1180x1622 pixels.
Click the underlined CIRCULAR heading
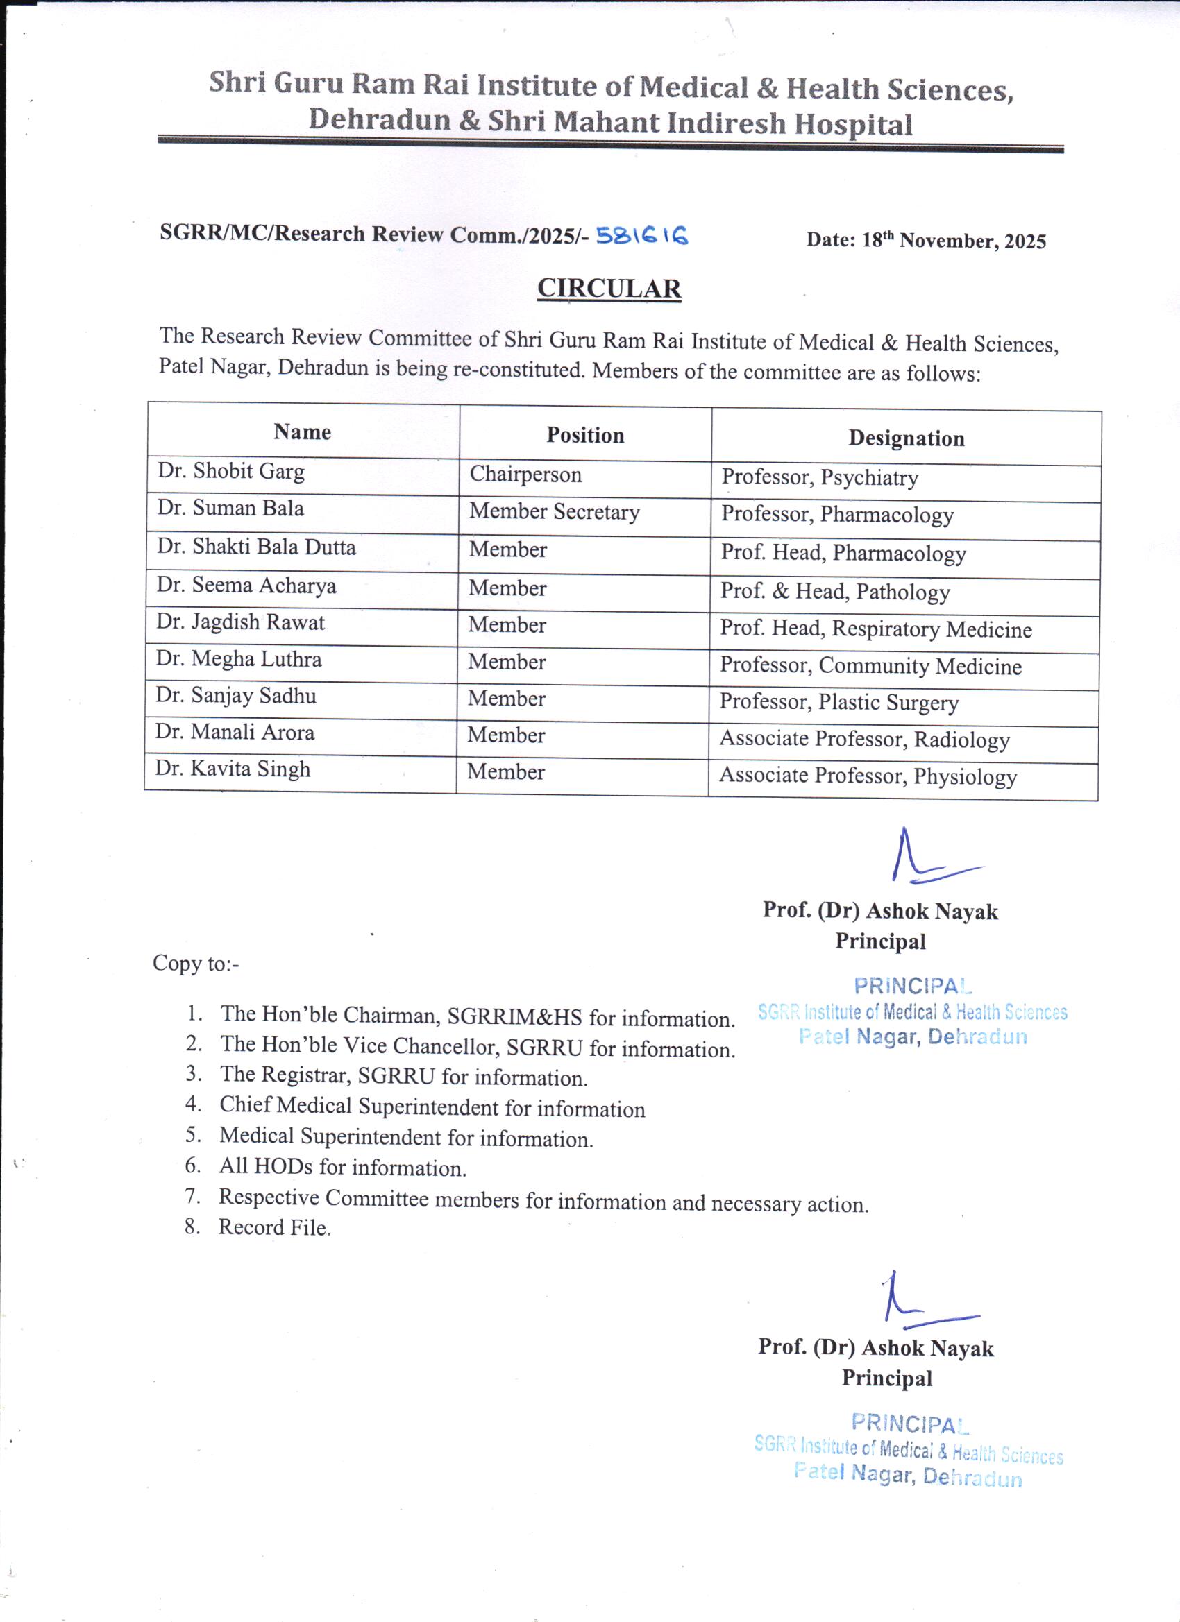coord(609,288)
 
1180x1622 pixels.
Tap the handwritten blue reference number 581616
coord(642,235)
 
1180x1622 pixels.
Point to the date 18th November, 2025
coord(926,240)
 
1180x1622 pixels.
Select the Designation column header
coord(906,438)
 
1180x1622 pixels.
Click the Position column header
coord(585,435)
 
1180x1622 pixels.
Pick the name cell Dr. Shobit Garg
coord(231,471)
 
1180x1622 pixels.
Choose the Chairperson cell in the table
coord(525,475)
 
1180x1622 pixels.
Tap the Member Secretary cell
coord(555,512)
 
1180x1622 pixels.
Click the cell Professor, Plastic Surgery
coord(838,702)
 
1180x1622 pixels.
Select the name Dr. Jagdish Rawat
coord(240,622)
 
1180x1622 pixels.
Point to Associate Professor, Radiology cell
coord(864,740)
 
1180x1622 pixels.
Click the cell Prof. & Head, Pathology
coord(835,592)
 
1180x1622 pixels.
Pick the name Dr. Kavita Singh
coord(233,769)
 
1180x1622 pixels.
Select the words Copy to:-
coord(196,964)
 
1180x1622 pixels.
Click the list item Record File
coord(275,1228)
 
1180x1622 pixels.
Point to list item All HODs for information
coord(343,1167)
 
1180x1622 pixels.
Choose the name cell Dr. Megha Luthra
coord(239,658)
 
